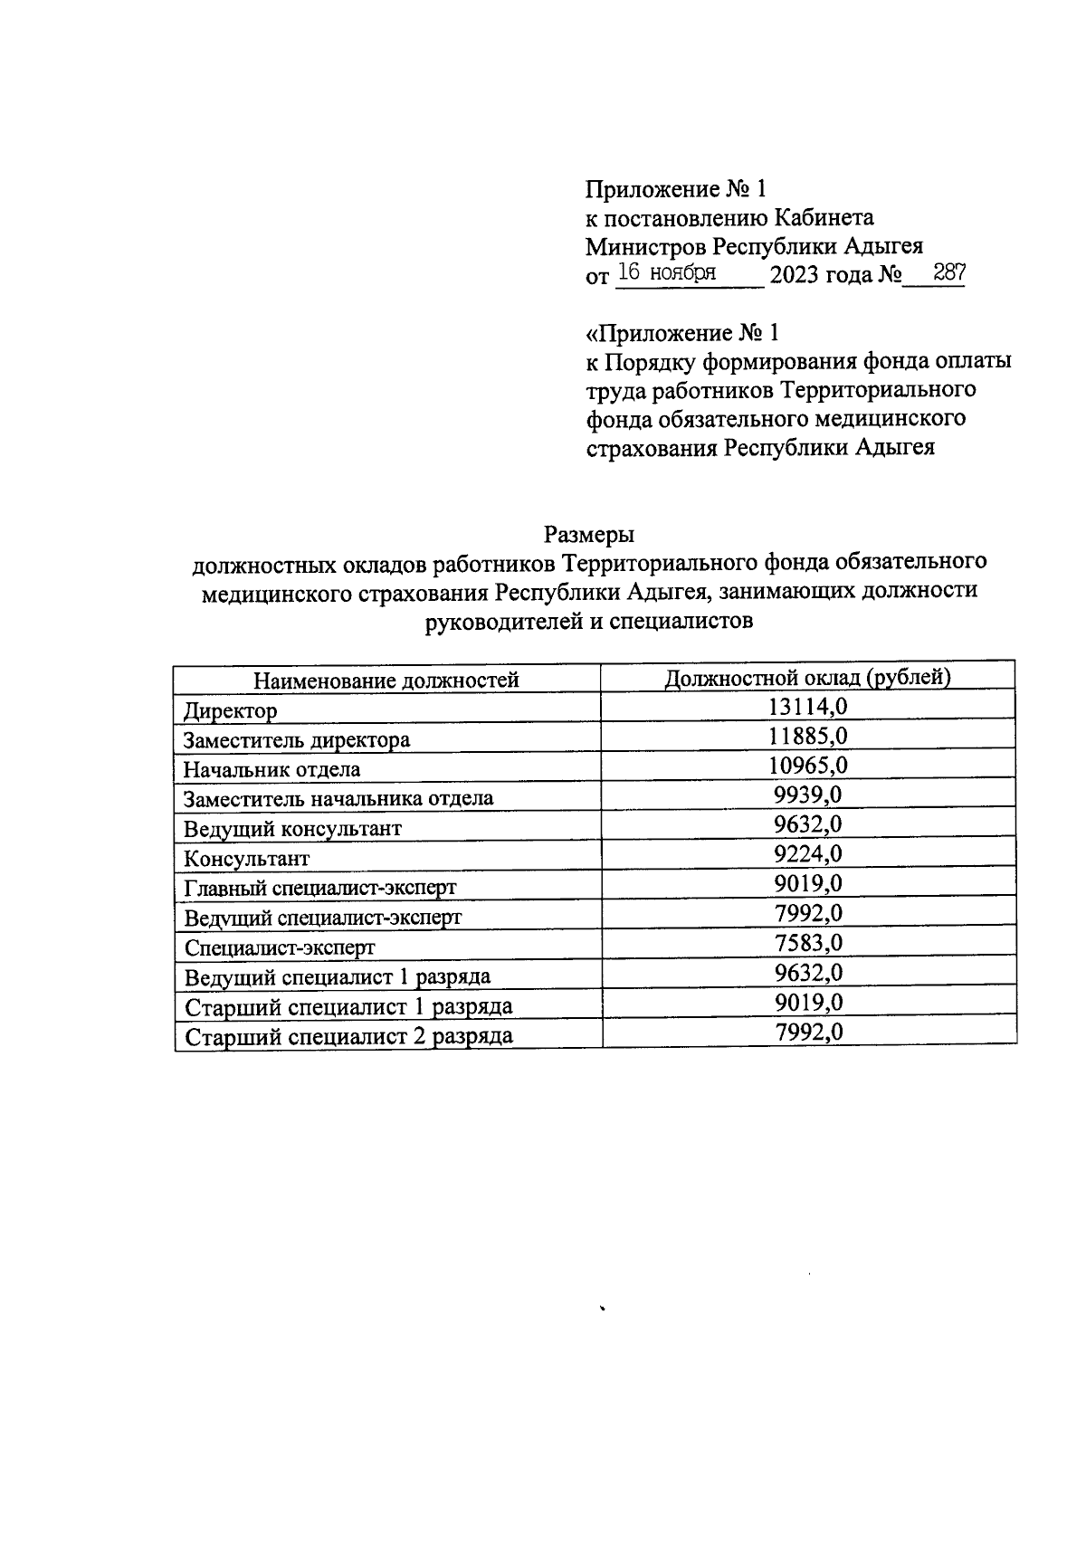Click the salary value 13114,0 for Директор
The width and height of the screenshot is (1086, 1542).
[807, 707]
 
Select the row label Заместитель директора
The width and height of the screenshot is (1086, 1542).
[296, 740]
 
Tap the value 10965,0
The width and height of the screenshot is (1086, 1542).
[807, 766]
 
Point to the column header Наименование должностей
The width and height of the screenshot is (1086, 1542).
[386, 681]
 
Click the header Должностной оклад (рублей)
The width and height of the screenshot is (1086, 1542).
[807, 678]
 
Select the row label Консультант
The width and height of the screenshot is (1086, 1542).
[246, 858]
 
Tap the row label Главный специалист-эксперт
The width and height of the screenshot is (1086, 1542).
[319, 888]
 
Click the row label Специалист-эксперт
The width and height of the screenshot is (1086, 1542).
[279, 947]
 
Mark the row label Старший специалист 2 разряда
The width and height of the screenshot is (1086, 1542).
[348, 1036]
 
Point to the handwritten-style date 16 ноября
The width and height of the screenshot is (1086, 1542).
[666, 272]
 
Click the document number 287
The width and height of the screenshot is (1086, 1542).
[948, 272]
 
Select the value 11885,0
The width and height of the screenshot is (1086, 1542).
[807, 736]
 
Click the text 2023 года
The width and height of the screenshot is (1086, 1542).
[820, 275]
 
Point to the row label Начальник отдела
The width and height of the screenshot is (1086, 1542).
[271, 770]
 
